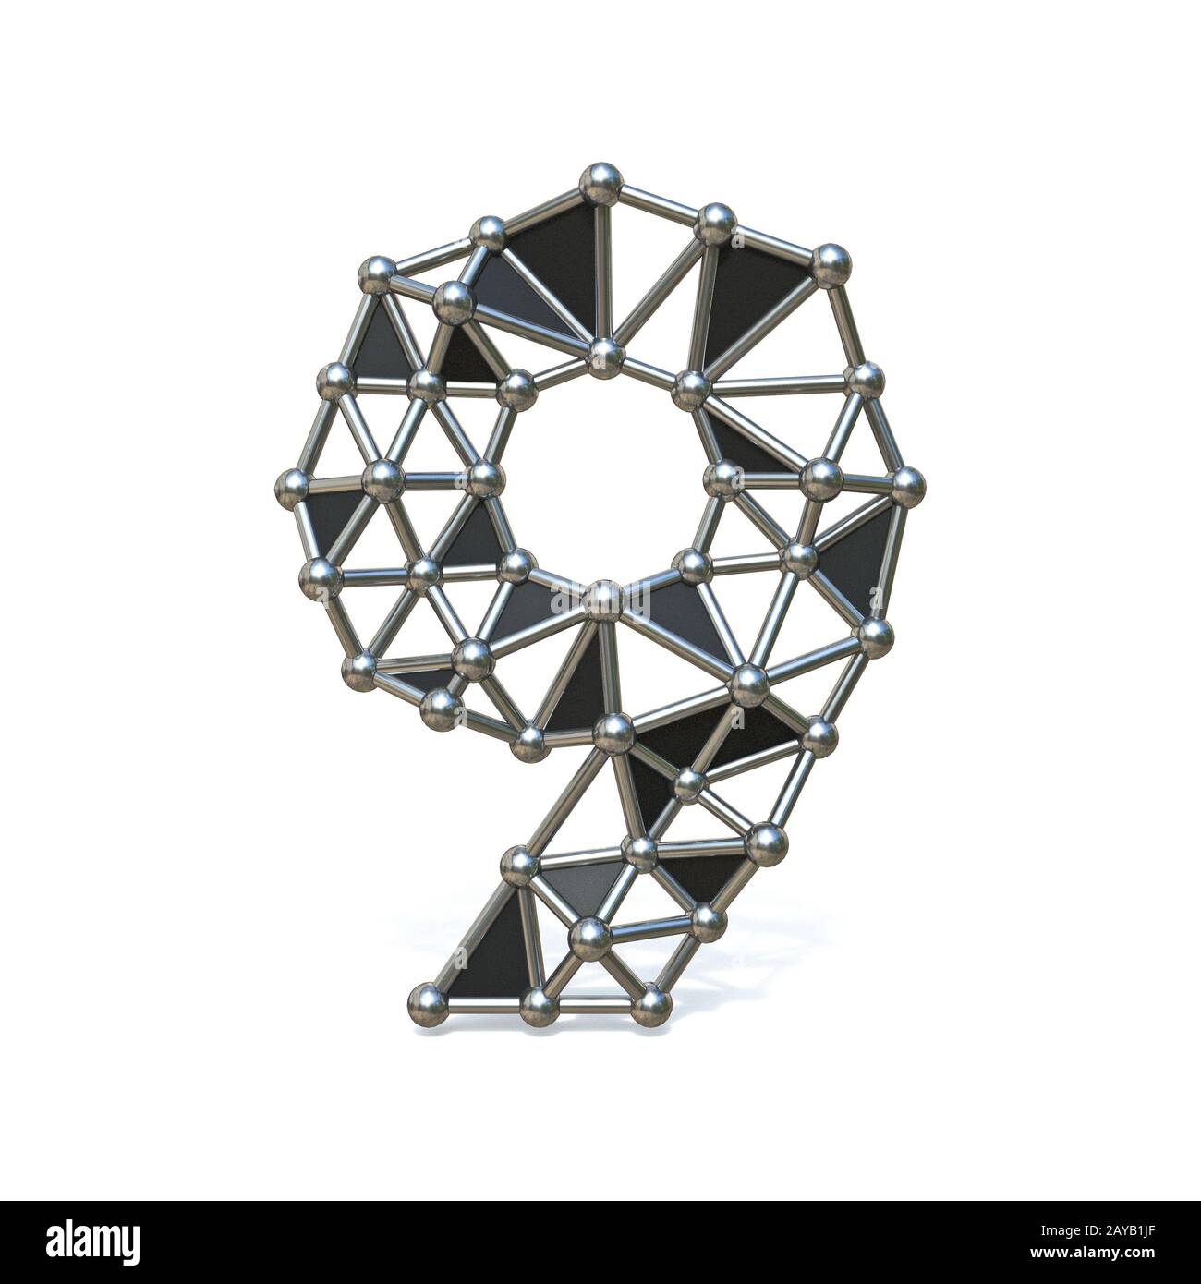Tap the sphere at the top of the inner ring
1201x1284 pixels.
point(605,354)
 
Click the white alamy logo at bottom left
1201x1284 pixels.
point(84,1241)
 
